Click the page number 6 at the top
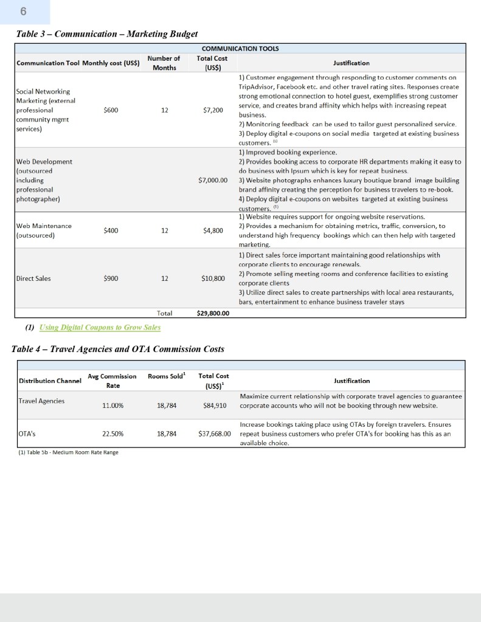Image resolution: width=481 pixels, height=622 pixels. point(24,11)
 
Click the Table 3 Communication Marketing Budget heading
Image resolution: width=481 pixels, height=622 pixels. point(107,33)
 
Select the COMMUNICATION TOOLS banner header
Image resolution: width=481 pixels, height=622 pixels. point(240,49)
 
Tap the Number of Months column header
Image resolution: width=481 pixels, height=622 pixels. point(164,63)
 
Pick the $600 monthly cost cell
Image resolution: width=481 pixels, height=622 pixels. point(111,111)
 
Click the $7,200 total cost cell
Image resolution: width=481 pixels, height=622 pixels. point(213,111)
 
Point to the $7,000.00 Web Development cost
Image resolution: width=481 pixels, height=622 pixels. point(213,180)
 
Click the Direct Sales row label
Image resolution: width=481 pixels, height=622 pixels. point(34,278)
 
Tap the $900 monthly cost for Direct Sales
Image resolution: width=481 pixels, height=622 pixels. point(111,278)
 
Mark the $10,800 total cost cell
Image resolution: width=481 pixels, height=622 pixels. point(213,279)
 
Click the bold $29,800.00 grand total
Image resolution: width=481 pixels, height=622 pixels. point(212,314)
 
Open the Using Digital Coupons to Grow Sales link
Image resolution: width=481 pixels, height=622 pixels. point(100,327)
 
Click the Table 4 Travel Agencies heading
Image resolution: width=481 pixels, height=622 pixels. point(118,349)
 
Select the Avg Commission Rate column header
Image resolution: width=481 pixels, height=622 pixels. point(112,381)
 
